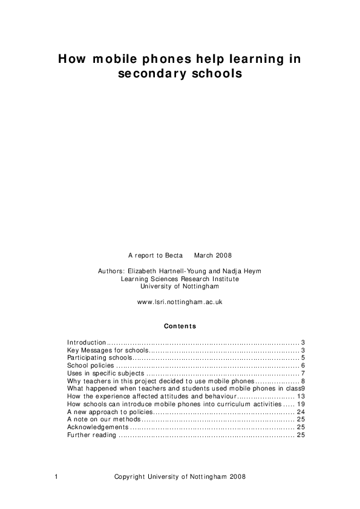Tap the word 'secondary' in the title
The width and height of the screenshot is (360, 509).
tap(148, 74)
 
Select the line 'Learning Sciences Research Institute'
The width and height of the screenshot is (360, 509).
tap(180, 279)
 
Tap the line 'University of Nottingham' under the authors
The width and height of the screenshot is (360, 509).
tap(180, 287)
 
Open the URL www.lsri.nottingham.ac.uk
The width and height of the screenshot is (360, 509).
tap(180, 302)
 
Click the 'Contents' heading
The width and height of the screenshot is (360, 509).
tap(180, 326)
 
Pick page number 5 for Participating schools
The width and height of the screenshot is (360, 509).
tap(302, 358)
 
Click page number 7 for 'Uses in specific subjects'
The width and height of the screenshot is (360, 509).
tap(302, 374)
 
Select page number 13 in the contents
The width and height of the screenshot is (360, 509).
tap(300, 396)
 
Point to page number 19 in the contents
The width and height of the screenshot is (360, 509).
tap(300, 404)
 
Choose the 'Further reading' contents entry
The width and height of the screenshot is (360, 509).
tap(91, 435)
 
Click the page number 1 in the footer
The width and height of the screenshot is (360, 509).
tap(56, 476)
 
